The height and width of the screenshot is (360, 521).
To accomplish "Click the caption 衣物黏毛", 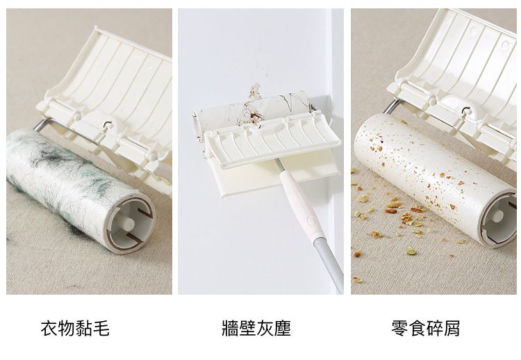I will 75,327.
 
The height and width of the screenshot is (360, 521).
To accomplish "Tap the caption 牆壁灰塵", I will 256,327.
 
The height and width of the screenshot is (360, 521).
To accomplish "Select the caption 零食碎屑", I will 425,327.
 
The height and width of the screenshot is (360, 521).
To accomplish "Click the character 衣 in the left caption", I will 49,327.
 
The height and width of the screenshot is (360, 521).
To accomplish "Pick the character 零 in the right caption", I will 399,327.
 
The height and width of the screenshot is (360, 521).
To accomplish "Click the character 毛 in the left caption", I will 101,327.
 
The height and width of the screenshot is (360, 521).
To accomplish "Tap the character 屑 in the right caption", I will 451,327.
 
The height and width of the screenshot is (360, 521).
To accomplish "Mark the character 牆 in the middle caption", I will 230,327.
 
